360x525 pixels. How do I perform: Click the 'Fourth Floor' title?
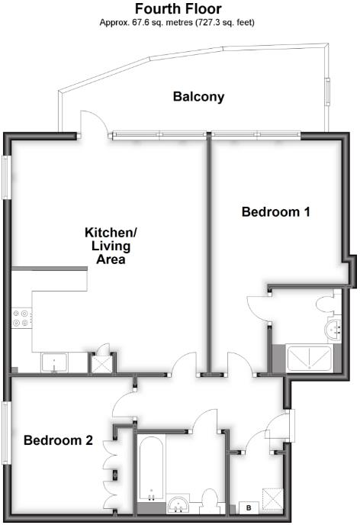point(178,9)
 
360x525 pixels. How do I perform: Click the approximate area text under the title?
point(178,23)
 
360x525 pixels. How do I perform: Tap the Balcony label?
point(198,97)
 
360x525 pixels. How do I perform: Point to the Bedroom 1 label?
point(275,212)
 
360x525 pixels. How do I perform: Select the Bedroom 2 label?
point(58,440)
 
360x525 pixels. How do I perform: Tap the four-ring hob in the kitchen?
point(21,318)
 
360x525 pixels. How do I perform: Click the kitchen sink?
point(56,362)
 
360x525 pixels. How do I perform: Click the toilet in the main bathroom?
point(211,502)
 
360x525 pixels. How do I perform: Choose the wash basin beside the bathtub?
point(179,504)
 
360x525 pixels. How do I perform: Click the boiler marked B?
point(248,507)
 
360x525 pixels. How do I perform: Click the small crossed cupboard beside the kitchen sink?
point(101,362)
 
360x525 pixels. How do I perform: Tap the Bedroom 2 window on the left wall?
point(5,432)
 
